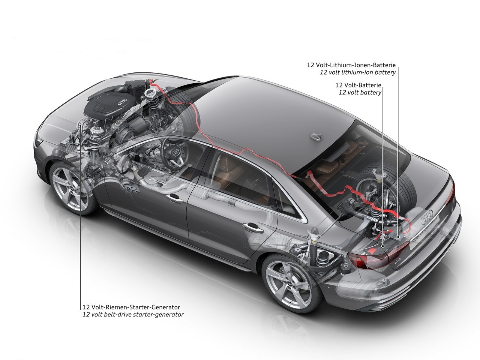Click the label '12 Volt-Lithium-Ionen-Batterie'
[351, 65]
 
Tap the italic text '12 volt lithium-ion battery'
[358, 72]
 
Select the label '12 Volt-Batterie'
[358, 85]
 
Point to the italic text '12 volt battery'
[360, 93]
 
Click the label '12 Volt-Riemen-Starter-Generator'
[131, 307]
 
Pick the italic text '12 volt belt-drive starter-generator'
[133, 315]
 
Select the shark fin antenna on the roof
[316, 136]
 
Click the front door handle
[174, 198]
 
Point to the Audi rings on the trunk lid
[427, 216]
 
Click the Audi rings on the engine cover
[122, 102]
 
